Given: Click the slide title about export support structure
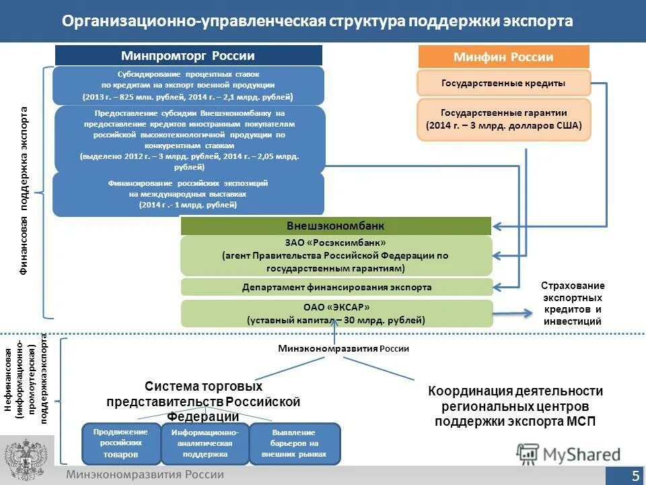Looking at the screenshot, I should coord(318,21).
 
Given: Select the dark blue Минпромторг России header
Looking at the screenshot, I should coord(188,56).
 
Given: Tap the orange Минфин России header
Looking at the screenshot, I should coord(503,57).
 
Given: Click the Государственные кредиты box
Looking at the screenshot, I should coord(503,83).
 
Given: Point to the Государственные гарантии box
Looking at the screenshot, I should coord(503,119).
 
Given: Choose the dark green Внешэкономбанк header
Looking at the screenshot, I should coord(336,226).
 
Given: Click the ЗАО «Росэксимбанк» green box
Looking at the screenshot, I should coord(336,256).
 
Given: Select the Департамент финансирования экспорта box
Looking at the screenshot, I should coord(336,287).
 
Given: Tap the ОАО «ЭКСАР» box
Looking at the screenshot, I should coord(336,313).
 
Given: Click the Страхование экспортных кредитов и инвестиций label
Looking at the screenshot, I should coord(572,304).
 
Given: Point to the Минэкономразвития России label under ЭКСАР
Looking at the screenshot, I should coord(343,348).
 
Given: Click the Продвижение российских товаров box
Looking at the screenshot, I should coord(120,443).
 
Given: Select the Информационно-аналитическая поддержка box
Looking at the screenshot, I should coord(205,443).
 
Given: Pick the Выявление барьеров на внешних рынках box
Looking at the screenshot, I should coord(295,443).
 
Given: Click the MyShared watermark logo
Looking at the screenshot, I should coord(569,455).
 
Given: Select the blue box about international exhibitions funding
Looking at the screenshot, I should coord(188,194).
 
